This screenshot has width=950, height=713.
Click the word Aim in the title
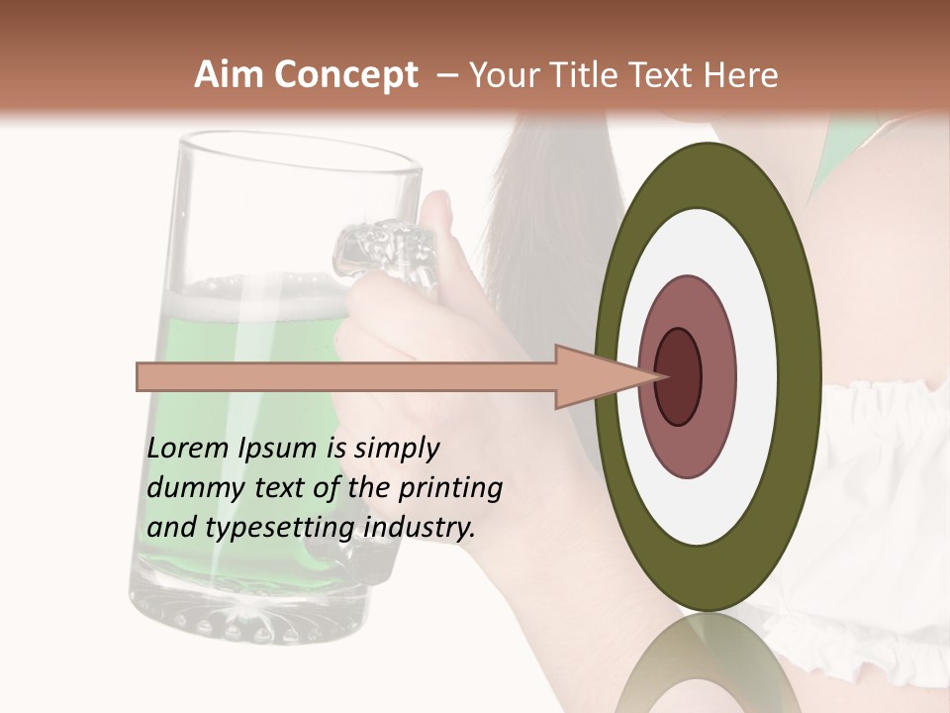(x=230, y=75)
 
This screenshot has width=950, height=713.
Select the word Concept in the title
(x=345, y=75)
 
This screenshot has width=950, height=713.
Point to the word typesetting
(x=279, y=529)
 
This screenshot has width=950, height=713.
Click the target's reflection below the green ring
(x=708, y=663)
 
